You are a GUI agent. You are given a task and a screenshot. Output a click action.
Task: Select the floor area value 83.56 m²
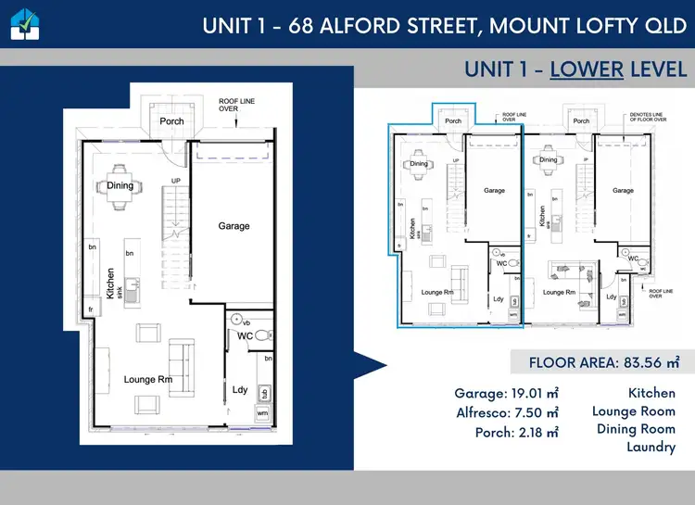pos(639,362)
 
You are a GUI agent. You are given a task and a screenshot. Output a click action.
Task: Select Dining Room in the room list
pos(635,429)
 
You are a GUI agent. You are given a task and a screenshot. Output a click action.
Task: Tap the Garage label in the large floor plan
pos(234,226)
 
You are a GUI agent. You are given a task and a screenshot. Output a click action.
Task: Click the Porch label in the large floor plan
pos(171,120)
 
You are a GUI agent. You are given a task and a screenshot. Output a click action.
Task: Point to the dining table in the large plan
pos(119,184)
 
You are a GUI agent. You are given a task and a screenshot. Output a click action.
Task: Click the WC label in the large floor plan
pos(246,335)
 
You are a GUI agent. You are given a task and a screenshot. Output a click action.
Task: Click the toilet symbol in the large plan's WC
pos(263,335)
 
